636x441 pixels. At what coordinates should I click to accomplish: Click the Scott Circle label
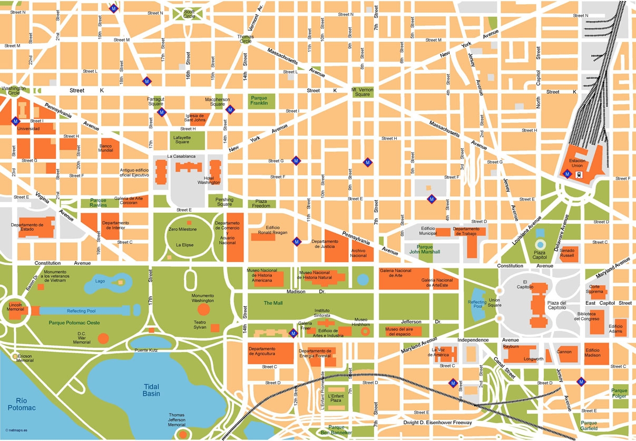point(189,13)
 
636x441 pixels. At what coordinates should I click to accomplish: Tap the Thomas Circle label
point(246,39)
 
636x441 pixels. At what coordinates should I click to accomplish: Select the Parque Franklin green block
point(259,101)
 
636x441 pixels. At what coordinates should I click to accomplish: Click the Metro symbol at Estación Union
point(567,174)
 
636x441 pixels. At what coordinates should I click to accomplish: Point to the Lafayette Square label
point(182,139)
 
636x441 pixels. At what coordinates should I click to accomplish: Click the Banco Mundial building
point(106,148)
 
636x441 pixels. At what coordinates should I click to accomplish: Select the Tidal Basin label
point(151,390)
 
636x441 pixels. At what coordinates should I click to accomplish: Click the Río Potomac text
point(22,404)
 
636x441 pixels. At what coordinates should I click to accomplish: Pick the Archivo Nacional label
point(358,253)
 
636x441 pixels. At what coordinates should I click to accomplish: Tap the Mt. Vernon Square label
point(362,92)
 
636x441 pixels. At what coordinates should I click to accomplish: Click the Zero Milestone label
point(182,229)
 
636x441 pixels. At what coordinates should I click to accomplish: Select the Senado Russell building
point(569,254)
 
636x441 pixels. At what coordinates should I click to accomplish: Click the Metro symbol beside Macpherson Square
point(230,109)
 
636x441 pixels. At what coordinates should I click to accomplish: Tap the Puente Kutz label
point(146,350)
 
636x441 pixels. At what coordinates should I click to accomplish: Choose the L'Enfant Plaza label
point(336,398)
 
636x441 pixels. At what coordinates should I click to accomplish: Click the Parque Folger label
point(619,393)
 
